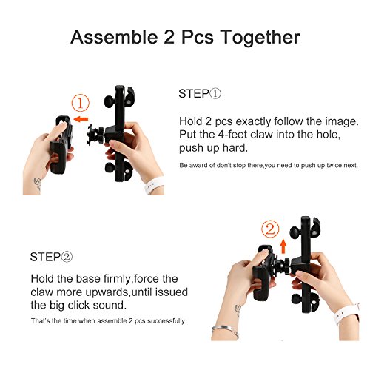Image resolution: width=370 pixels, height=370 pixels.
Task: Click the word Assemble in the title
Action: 114,37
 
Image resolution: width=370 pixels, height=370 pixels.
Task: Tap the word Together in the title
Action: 260,38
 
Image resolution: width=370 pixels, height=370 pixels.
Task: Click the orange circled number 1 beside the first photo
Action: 81,103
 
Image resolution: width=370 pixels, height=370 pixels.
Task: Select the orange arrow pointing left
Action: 81,119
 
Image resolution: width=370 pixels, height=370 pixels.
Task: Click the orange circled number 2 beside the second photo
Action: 270,229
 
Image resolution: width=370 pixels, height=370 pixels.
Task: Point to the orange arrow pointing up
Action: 283,246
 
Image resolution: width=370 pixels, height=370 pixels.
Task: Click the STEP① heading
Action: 200,94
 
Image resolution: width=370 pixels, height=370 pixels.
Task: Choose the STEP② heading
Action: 51,257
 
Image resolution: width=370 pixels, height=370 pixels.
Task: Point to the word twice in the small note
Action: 334,165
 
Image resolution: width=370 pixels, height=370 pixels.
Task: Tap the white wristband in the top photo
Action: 153,185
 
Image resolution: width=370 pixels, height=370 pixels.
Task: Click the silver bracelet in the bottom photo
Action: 225,330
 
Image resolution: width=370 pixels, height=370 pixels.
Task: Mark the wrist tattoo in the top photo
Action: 38,184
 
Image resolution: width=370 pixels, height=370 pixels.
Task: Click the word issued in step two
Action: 172,292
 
